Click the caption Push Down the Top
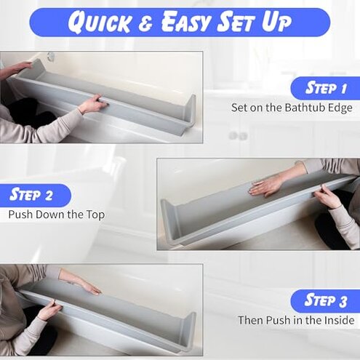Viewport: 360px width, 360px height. coord(57,215)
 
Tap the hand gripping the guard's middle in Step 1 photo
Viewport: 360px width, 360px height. coord(93,104)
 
